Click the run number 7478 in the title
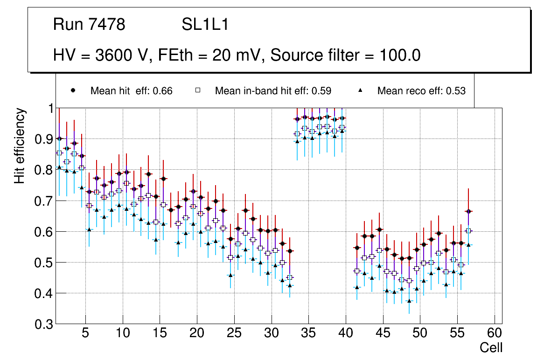coord(107,25)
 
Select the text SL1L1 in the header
coord(205,25)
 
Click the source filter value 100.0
coord(398,55)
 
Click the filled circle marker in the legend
coord(73,91)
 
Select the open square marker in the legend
coord(198,91)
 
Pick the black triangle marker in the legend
coord(361,91)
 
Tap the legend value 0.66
coord(163,91)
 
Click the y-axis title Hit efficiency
coord(20,146)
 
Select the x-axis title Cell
coord(491,348)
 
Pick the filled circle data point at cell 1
coord(59,138)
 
